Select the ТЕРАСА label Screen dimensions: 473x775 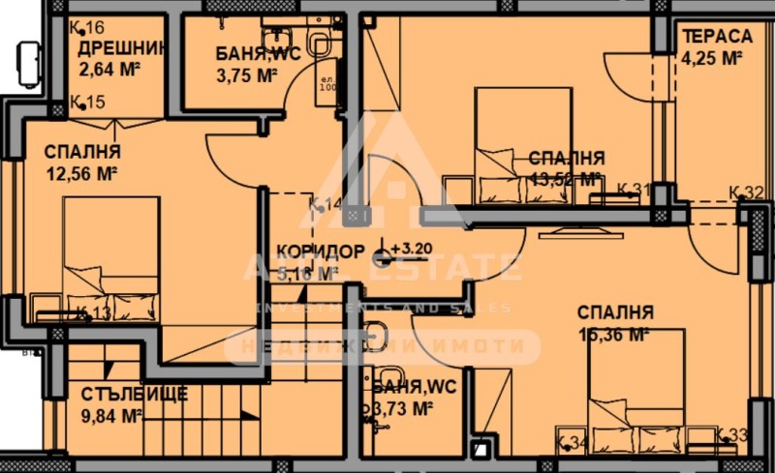(717, 36)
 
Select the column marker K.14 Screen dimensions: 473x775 (325, 204)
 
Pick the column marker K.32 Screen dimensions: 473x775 (746, 192)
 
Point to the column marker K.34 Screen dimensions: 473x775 (573, 443)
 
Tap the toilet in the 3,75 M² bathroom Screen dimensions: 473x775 (318, 41)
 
